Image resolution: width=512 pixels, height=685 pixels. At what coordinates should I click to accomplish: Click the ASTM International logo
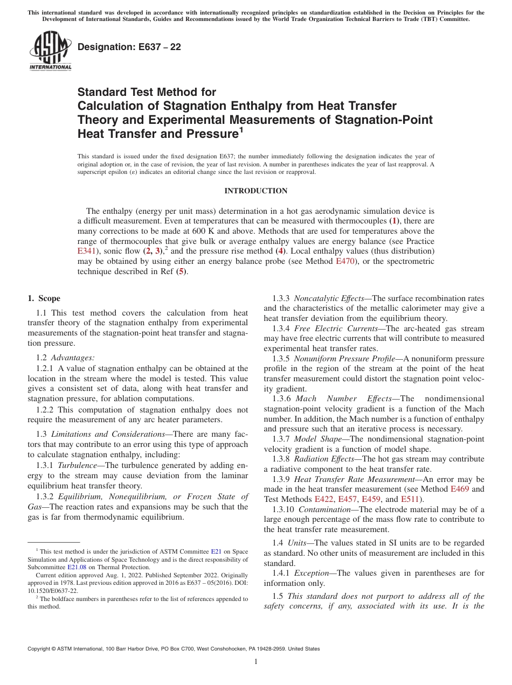click(x=50, y=51)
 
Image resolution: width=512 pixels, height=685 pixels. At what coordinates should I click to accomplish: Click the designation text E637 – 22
click(x=129, y=47)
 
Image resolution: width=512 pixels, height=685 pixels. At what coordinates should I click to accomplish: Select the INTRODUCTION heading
click(x=255, y=191)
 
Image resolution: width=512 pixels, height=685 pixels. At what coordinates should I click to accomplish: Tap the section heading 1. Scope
click(x=44, y=298)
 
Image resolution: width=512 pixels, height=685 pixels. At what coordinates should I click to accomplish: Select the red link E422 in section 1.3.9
click(x=324, y=499)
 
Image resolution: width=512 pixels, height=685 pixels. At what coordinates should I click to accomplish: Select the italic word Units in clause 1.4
click(x=296, y=543)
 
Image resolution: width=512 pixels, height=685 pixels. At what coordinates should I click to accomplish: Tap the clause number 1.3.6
click(x=281, y=399)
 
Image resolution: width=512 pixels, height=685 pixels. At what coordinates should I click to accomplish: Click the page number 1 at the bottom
click(x=256, y=661)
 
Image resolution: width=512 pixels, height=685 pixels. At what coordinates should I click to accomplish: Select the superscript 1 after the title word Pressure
click(x=241, y=129)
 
